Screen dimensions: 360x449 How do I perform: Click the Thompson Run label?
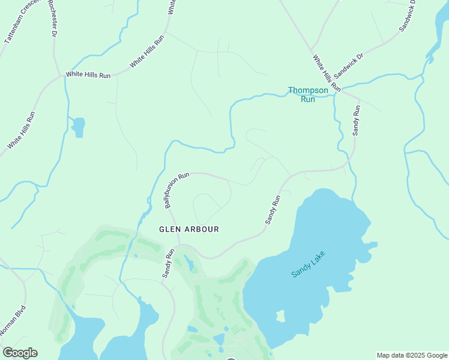pos(308,95)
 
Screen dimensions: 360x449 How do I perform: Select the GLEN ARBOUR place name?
pos(188,229)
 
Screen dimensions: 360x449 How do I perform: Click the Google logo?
pos(20,353)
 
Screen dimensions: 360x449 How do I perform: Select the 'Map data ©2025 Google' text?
pos(412,355)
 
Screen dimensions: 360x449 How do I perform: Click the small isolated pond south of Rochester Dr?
pos(78,127)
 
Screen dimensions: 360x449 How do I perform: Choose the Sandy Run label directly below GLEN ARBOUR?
pos(168,263)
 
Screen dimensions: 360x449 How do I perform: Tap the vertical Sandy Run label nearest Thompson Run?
pos(357,120)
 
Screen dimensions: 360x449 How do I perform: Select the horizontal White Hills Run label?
pos(88,74)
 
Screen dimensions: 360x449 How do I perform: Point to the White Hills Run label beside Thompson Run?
pos(327,73)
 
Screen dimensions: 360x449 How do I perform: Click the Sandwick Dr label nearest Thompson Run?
pos(349,66)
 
